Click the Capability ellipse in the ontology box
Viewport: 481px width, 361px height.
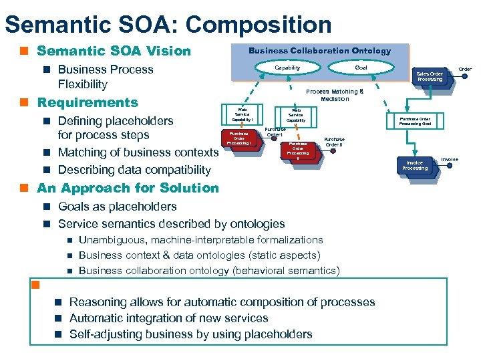(x=288, y=68)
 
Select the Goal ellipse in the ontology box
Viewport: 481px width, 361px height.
(x=360, y=68)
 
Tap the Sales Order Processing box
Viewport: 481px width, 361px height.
(x=430, y=76)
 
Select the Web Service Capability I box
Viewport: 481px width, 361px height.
(x=241, y=114)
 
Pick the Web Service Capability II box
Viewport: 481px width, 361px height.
(x=295, y=115)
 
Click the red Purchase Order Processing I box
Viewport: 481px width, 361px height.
(x=238, y=138)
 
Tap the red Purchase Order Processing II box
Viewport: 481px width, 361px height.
(x=298, y=150)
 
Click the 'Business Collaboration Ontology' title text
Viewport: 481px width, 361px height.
(x=319, y=51)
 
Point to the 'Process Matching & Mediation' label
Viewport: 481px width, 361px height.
(x=335, y=95)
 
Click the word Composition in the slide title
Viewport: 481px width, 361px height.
(x=258, y=25)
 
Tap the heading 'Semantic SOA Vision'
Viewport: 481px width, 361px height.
(x=114, y=51)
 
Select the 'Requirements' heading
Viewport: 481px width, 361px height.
(x=87, y=102)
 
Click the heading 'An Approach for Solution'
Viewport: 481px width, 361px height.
(x=128, y=188)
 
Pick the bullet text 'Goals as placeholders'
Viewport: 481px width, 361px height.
(x=118, y=207)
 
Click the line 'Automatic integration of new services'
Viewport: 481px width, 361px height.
(x=168, y=318)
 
